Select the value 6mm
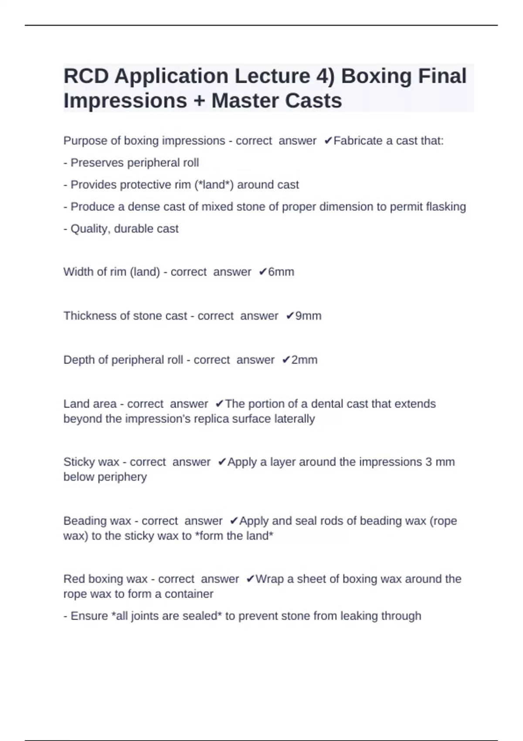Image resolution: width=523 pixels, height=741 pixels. (x=281, y=272)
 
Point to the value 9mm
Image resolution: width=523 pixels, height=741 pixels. (x=308, y=316)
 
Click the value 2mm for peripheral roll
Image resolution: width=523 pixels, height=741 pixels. (x=304, y=360)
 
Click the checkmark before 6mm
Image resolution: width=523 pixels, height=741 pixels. (x=262, y=272)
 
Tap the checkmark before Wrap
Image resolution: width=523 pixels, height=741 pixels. (x=250, y=579)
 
